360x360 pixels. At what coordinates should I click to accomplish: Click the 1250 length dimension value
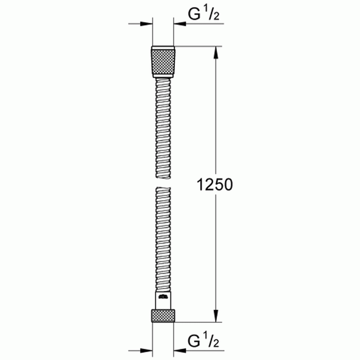(215, 184)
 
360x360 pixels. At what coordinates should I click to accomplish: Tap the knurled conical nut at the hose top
(163, 62)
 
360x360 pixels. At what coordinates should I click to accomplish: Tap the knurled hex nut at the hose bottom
(163, 316)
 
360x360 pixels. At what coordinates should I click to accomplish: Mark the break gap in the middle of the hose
(163, 182)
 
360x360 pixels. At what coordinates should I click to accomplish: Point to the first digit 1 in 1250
(201, 184)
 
